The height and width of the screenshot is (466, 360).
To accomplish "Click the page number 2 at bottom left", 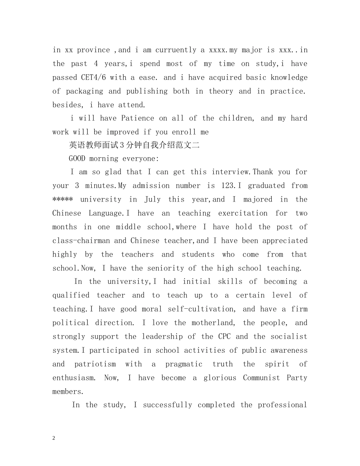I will pos(54,438).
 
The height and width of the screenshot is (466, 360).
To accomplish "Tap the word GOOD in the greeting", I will pos(77,158).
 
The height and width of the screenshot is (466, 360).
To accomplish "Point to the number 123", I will pos(227,186).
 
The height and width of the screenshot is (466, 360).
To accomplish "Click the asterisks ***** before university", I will pos(63,199).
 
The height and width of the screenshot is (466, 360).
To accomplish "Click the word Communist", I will pos(261,378).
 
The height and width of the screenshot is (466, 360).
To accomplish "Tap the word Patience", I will pos(138,118).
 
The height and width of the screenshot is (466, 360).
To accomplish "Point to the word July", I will pos(152,199).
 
